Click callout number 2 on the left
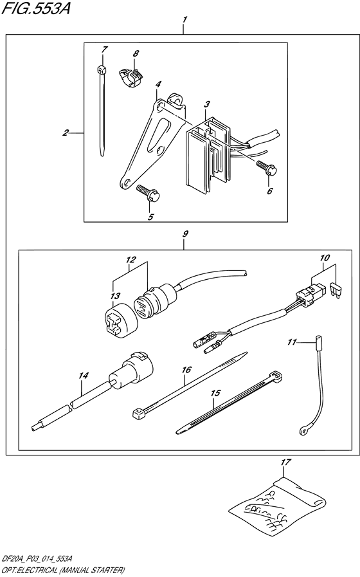[x=66, y=133]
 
